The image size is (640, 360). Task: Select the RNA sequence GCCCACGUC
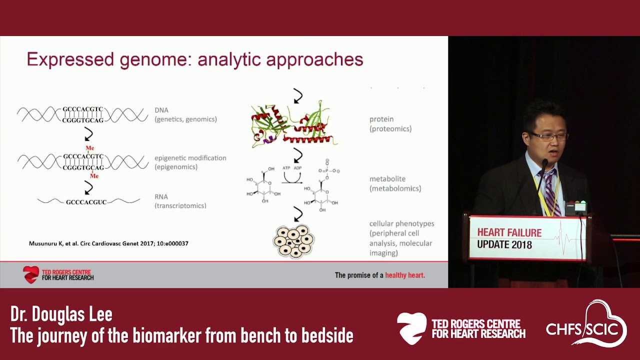tap(86, 202)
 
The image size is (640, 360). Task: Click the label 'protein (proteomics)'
tap(390, 124)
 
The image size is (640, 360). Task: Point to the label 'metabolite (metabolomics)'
tap(395, 183)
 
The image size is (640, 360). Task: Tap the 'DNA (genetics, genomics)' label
tap(185, 114)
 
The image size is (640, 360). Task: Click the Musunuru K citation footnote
tap(108, 243)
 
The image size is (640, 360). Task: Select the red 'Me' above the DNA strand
tap(89, 148)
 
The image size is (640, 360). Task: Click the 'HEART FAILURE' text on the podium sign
tap(509, 232)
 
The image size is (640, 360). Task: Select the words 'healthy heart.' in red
tap(405, 275)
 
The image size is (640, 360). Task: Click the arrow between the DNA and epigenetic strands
tap(88, 134)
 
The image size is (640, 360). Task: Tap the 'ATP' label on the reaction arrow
tap(286, 168)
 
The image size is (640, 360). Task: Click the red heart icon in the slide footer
tap(31, 274)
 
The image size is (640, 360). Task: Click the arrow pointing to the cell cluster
tap(298, 214)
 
